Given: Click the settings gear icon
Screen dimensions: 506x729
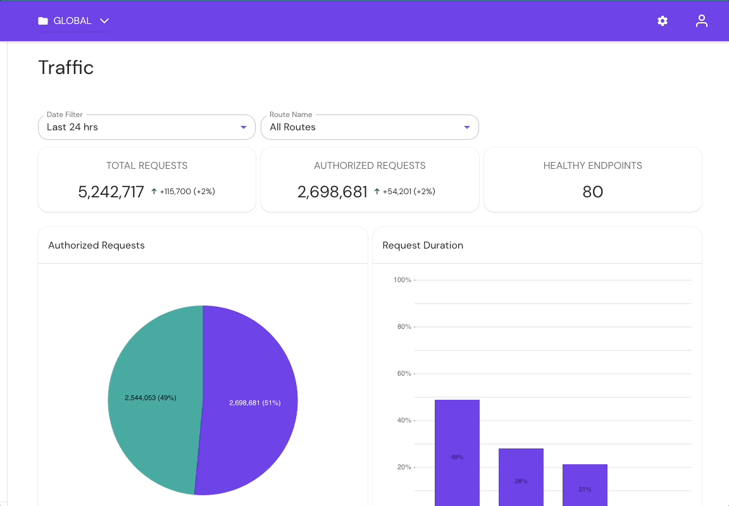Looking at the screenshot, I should coord(663,21).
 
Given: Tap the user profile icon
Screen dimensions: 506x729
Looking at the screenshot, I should coord(701,21).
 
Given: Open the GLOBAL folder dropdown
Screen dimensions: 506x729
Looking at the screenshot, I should coord(73,21).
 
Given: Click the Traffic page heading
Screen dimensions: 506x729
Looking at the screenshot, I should coord(66,68).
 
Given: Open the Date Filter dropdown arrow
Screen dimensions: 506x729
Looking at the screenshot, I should coord(244,127).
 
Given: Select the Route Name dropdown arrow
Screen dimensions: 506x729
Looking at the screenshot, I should coord(467,127).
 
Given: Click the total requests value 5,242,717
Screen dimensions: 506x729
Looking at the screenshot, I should coord(111,192).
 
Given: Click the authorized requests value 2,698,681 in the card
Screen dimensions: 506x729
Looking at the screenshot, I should coord(332,192).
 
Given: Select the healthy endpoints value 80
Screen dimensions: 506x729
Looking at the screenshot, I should coord(592,192).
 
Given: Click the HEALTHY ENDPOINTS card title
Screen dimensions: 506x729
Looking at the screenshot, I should coord(592,166).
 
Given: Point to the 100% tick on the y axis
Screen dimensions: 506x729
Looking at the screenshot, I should coord(402,280).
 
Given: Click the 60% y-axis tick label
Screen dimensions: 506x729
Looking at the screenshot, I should coord(404,373).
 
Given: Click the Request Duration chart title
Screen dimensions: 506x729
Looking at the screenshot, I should coord(423,245).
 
